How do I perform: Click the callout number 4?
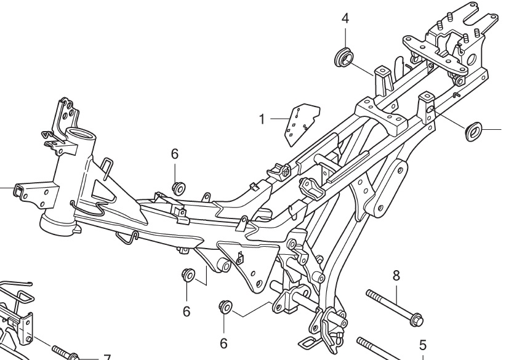coord(345,18)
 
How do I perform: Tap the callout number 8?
coord(396,274)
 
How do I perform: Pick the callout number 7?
coord(106,357)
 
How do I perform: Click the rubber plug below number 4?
coord(343,57)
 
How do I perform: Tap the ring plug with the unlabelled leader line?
coord(473,130)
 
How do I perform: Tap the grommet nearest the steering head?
coord(179,187)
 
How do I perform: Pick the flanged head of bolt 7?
coord(74,356)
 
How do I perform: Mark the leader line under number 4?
coord(345,35)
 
